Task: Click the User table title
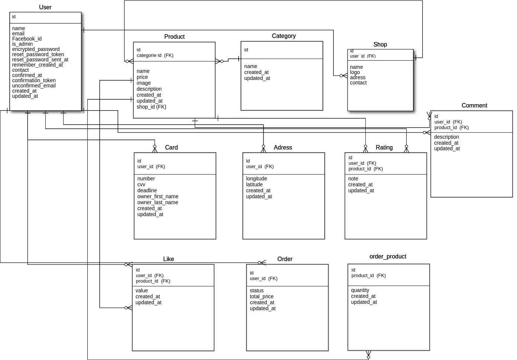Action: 45,7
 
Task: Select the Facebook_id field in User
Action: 27,39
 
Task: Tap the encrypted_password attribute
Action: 36,49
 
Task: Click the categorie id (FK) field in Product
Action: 155,55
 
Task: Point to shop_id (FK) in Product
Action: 151,107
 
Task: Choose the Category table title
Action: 284,36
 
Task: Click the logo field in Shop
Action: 355,72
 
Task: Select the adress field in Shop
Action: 358,77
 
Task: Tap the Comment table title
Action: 474,105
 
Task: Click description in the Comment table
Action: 446,137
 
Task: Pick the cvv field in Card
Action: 141,184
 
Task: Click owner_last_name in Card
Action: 158,202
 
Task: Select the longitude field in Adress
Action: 256,179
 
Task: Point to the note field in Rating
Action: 353,179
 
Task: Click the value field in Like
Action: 142,290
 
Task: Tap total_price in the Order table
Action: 261,296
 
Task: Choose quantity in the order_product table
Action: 360,290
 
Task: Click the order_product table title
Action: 388,256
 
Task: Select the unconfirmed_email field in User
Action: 34,86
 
